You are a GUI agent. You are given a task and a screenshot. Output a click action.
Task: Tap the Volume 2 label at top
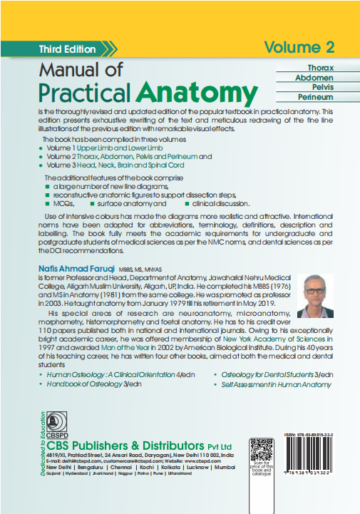tap(299, 48)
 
